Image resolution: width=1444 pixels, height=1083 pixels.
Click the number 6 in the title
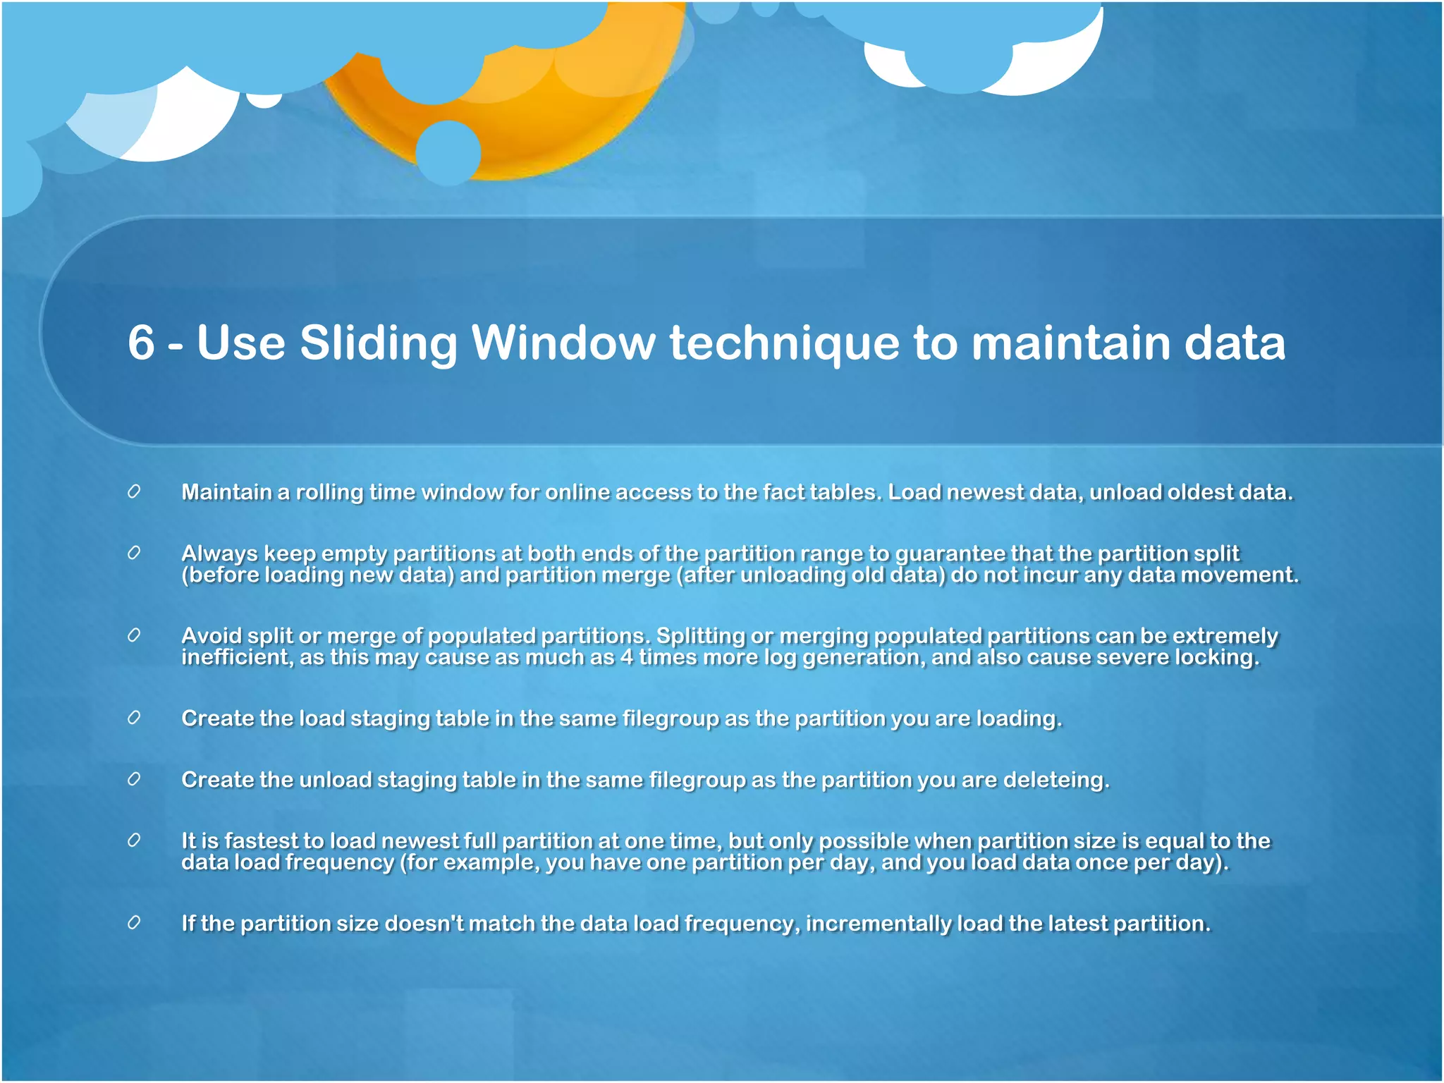(141, 343)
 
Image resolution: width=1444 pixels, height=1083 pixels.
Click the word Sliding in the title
(379, 343)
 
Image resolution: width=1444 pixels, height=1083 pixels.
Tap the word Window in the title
(563, 343)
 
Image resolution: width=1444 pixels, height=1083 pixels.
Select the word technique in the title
(784, 343)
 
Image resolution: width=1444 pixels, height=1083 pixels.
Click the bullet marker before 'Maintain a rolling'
(134, 491)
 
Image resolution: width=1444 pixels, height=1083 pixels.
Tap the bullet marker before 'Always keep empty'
(134, 553)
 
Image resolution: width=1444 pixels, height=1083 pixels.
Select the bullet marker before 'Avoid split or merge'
(134, 635)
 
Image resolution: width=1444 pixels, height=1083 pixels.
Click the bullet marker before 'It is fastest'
(134, 840)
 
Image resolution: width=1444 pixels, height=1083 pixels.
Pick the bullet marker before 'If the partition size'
(134, 922)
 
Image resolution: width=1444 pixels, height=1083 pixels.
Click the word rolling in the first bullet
(329, 492)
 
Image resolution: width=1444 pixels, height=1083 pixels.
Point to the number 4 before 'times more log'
(626, 657)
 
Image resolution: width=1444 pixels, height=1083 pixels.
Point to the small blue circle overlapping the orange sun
(448, 152)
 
